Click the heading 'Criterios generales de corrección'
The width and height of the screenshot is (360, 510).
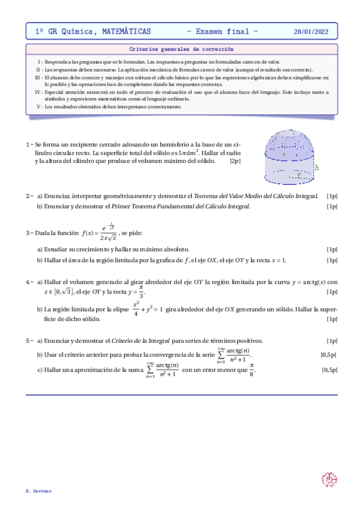[182, 49]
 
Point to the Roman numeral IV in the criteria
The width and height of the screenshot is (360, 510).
[38, 92]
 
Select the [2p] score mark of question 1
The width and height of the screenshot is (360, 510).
[235, 161]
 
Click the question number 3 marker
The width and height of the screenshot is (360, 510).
[29, 233]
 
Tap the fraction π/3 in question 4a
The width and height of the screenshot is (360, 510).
[141, 292]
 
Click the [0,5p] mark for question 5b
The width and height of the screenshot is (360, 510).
[328, 355]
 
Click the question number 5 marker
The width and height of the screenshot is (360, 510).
[29, 341]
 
